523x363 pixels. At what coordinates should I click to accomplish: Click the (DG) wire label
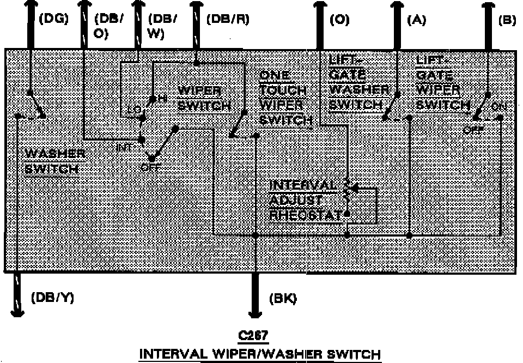[x=54, y=20]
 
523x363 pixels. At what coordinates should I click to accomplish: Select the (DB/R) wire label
[x=228, y=20]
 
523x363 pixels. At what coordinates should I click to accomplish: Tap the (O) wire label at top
[x=339, y=20]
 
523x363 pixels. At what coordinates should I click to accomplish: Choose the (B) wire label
[x=507, y=20]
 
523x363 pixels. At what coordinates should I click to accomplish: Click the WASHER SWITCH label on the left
[x=54, y=161]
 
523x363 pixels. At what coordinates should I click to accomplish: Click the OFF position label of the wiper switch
[x=150, y=167]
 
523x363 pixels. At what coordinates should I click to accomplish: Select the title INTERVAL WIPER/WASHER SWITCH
[x=260, y=354]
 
